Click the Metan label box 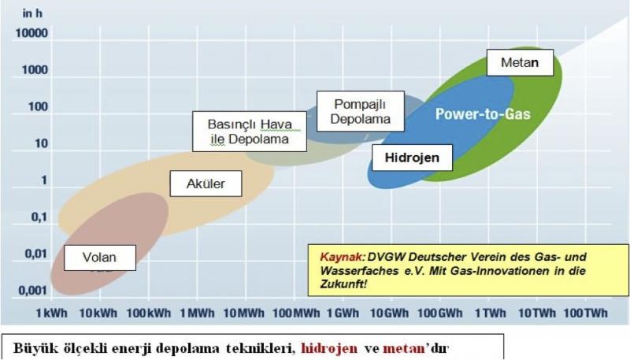point(520,63)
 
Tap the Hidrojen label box point(412,158)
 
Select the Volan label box point(100,258)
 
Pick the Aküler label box point(206,184)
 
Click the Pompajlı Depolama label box point(361,111)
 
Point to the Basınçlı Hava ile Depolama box point(250,132)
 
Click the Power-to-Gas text point(483,114)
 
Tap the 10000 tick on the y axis point(31,33)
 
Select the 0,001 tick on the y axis point(33,291)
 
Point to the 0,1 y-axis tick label point(39,217)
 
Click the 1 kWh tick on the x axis point(51,313)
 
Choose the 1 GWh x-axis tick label point(343,313)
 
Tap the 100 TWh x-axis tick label point(585,313)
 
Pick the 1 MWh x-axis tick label point(197,313)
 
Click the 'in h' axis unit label point(32,13)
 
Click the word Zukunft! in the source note point(343,284)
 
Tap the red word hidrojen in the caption point(329,348)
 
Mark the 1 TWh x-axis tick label point(490,313)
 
